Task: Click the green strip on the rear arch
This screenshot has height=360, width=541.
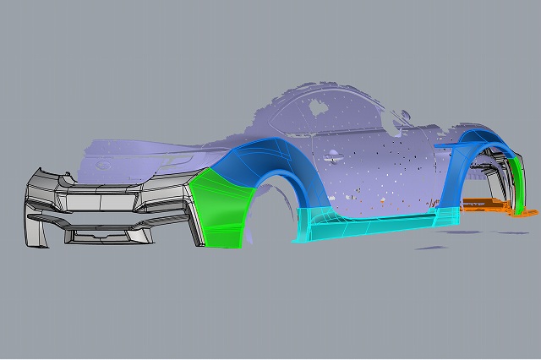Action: (x=517, y=182)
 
